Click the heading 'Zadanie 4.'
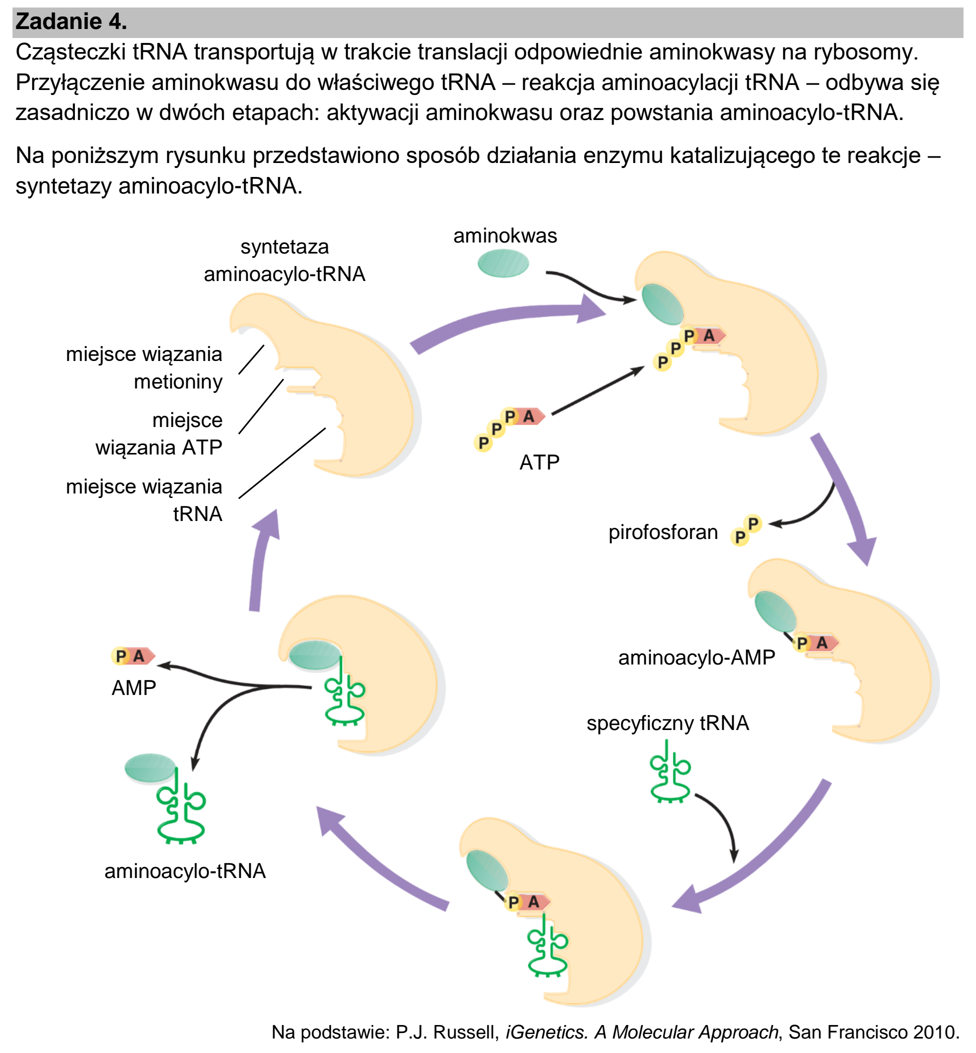click(x=71, y=21)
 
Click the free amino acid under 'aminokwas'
click(x=503, y=263)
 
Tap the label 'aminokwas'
click(x=505, y=235)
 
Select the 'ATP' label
click(x=539, y=462)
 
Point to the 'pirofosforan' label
click(x=663, y=532)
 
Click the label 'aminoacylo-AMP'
click(x=697, y=658)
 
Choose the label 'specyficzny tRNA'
click(x=668, y=723)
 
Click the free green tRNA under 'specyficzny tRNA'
click(x=670, y=772)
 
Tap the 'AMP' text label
click(x=133, y=688)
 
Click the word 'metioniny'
click(x=178, y=382)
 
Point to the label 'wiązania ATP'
click(x=159, y=447)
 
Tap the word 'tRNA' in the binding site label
click(x=197, y=514)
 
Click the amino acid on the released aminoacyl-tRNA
click(x=150, y=767)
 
